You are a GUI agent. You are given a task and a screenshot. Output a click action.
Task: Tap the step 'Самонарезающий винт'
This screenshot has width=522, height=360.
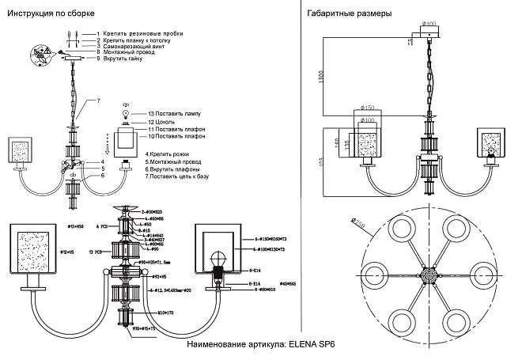135,46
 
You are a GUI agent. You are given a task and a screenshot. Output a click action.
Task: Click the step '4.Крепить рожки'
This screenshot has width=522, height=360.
164,153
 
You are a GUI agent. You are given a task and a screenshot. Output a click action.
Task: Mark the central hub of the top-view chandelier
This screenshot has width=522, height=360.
432,276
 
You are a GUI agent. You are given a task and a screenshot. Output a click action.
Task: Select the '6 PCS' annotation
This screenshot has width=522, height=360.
102,227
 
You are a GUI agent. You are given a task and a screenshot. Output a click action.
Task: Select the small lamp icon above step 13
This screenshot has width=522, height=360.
124,116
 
